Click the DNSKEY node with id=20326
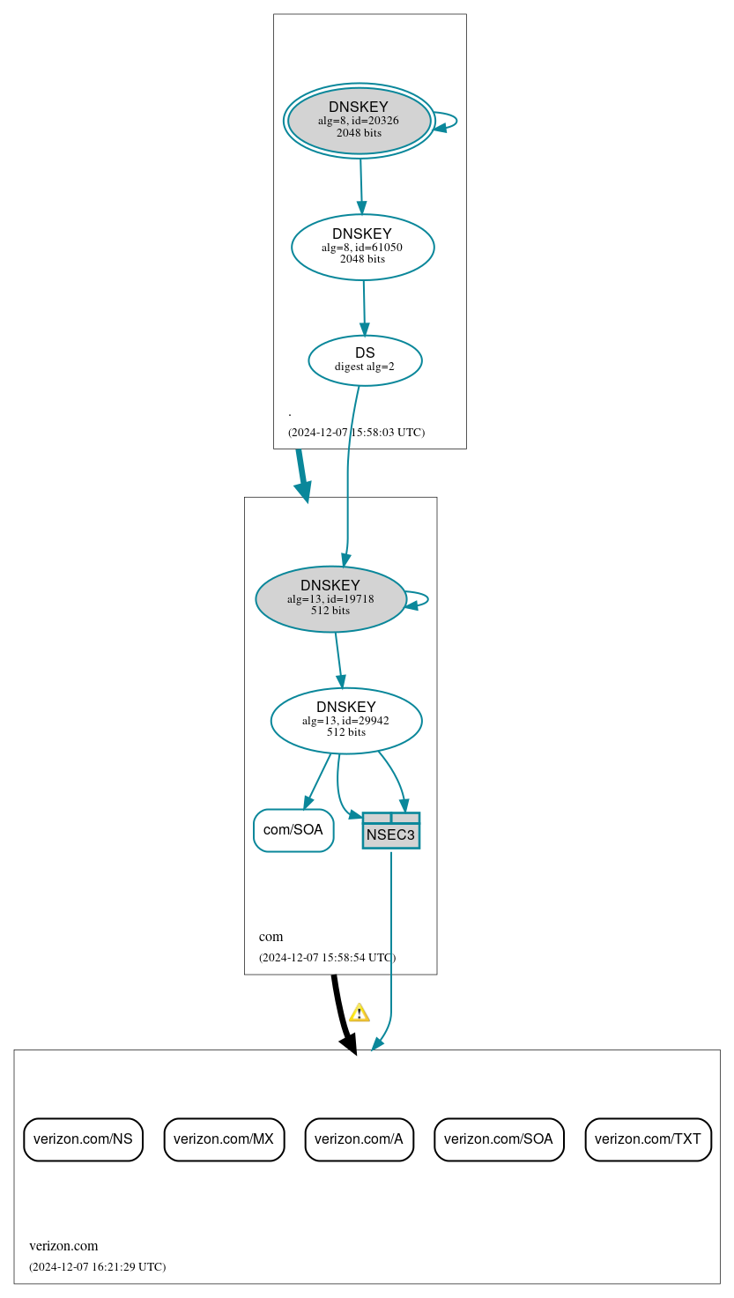[359, 121]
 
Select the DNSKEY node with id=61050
[362, 248]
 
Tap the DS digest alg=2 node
[365, 360]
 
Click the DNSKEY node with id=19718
[330, 599]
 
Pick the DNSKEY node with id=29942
[346, 721]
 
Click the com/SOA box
[293, 830]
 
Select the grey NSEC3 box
[390, 831]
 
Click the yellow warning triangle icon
[359, 1012]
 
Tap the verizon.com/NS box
[83, 1139]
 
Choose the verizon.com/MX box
[224, 1139]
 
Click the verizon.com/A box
[359, 1139]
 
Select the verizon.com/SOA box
[499, 1139]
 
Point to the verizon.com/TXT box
[648, 1139]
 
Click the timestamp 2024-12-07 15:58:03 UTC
[356, 433]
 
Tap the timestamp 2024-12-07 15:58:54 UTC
[327, 958]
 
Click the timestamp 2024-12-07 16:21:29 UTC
[97, 1267]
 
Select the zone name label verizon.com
[63, 1246]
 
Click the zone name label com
[271, 937]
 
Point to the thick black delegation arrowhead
[349, 1044]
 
